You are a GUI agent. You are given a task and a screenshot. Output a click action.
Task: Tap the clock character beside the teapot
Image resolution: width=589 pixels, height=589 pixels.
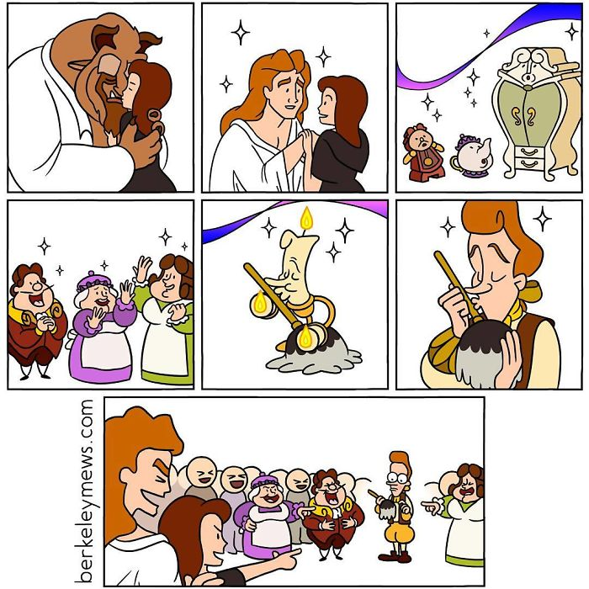pyautogui.click(x=422, y=152)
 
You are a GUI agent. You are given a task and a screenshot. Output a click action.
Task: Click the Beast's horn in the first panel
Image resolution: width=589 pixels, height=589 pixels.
pyautogui.click(x=149, y=39)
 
